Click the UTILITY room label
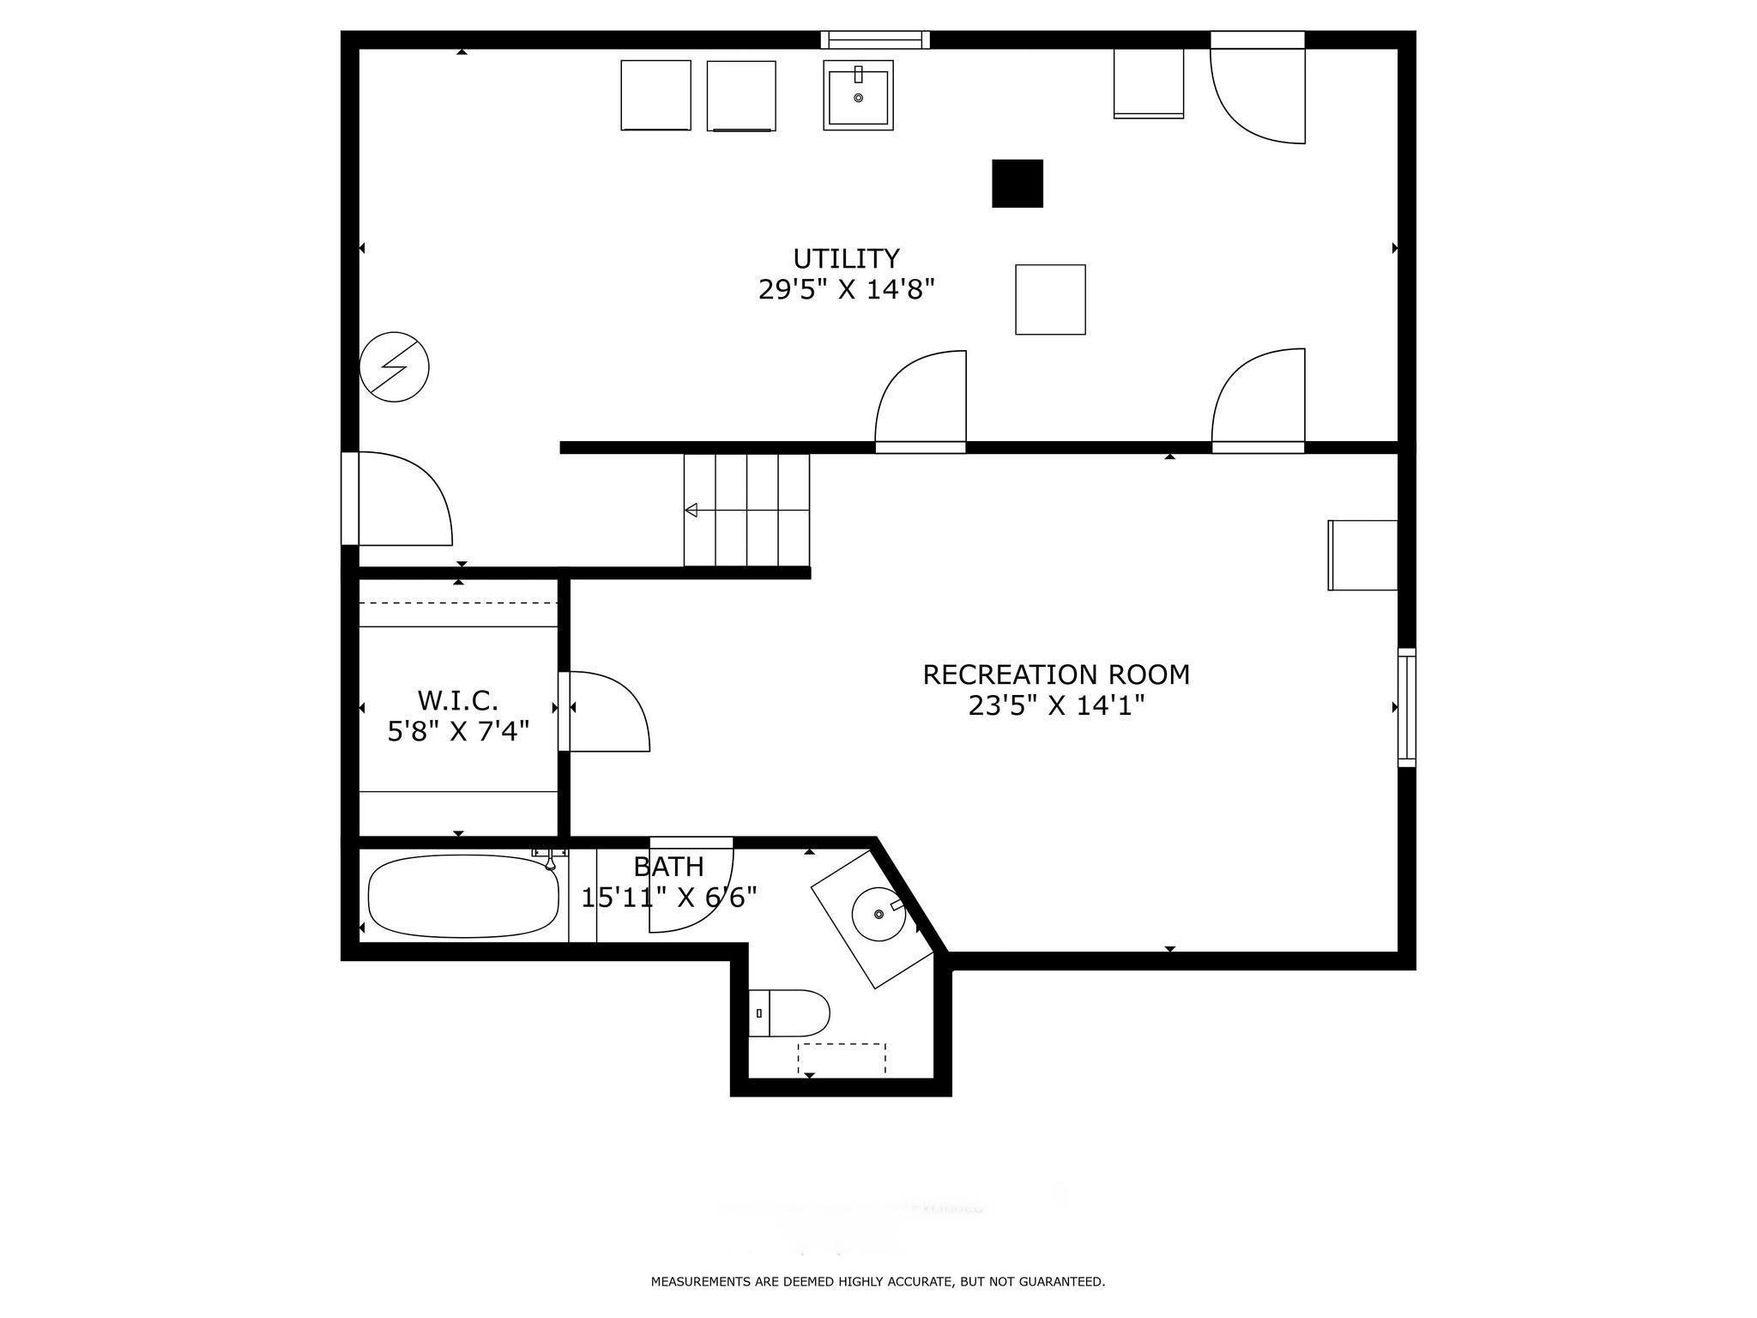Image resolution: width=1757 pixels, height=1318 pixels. pos(846,258)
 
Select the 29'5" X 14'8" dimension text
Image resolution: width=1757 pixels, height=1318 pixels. pos(846,290)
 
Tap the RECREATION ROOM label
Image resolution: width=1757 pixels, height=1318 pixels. pos(1056,674)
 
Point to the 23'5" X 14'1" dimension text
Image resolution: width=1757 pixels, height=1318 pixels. pos(1056,706)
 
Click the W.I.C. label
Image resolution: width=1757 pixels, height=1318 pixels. pos(458,700)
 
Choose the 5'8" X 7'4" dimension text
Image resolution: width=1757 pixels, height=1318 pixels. pos(458,732)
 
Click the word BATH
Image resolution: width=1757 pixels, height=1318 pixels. pos(669,866)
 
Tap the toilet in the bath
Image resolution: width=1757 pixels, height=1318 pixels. pos(789,1013)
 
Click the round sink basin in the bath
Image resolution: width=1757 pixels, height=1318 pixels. pos(878,915)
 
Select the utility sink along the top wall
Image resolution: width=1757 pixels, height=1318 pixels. pos(858,95)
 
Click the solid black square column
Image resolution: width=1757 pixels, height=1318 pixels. pos(1017,184)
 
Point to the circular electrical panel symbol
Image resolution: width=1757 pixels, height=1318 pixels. pos(394,366)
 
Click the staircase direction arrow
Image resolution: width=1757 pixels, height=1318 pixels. pos(691,511)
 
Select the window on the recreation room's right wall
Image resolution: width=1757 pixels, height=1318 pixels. pos(1406,707)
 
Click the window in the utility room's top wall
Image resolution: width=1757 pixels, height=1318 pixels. pos(875,39)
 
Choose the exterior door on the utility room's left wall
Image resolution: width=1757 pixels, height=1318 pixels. pos(350,499)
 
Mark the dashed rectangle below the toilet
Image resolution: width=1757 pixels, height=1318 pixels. pos(842,1059)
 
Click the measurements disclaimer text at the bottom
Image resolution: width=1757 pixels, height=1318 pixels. pos(878,1282)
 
